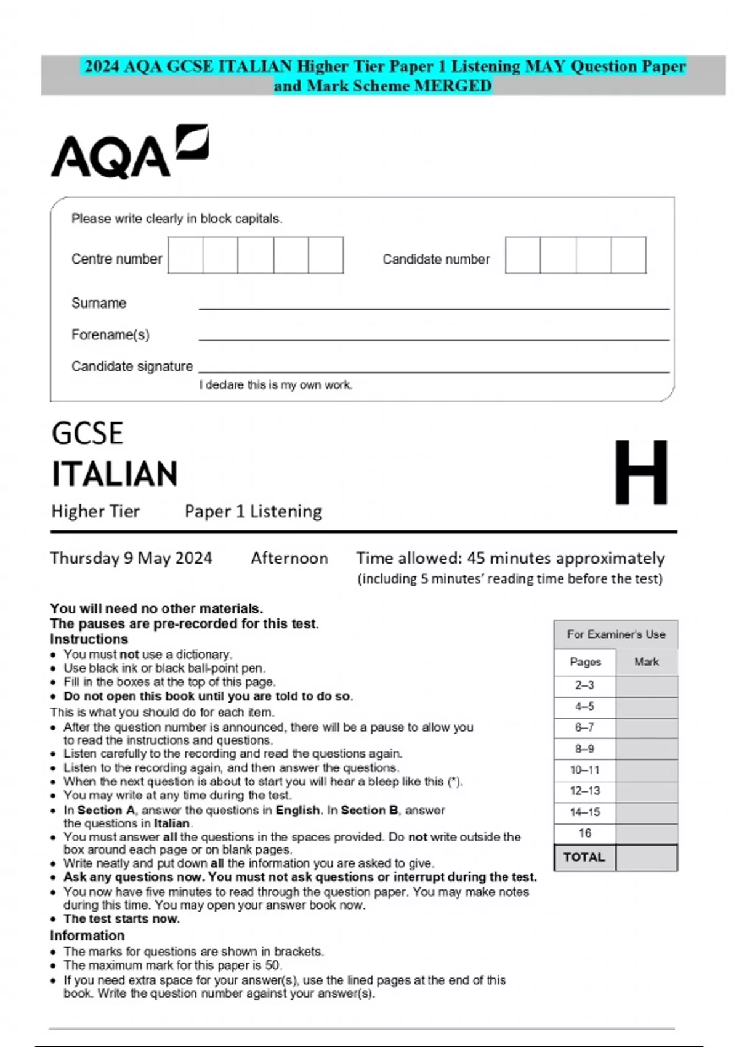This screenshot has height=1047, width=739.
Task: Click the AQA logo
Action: (129, 152)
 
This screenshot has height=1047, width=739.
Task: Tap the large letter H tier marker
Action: (641, 472)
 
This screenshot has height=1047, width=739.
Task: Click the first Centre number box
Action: (185, 256)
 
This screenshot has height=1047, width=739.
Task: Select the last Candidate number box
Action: (628, 256)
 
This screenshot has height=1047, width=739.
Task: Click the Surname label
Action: (99, 303)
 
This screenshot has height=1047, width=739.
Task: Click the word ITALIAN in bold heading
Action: (115, 474)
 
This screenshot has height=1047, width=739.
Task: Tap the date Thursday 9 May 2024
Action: (131, 558)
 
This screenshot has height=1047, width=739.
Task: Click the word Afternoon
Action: (289, 558)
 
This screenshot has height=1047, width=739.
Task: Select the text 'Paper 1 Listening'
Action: (253, 511)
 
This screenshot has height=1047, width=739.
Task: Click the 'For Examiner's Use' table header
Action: (616, 634)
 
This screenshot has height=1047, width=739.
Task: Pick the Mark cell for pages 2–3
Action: (646, 685)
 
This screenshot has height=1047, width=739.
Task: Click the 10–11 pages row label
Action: (584, 770)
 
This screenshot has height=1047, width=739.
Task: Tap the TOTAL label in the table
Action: (584, 857)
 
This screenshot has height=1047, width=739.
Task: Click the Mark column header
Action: (646, 661)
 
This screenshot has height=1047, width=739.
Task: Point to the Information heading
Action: (87, 936)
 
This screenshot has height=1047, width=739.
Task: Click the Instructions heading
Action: (89, 639)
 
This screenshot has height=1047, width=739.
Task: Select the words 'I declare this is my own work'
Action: (275, 385)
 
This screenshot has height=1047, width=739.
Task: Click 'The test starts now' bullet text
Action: (121, 919)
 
